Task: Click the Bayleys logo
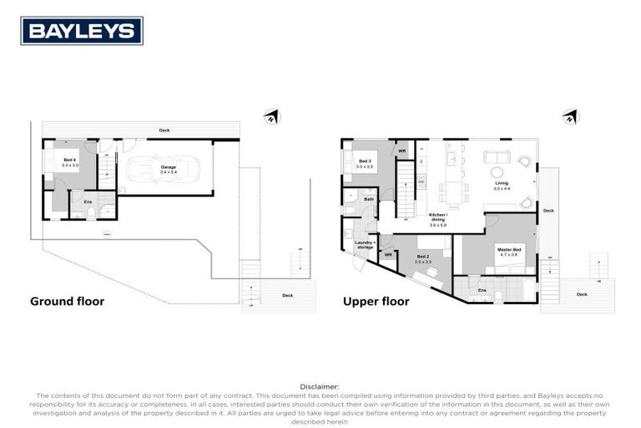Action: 82,31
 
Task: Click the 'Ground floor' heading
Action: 67,301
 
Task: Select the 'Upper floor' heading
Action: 376,301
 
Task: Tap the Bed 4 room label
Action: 70,161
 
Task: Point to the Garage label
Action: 168,169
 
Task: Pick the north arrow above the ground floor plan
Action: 270,116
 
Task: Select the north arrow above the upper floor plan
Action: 570,116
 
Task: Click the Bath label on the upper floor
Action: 369,199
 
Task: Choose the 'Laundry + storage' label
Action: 364,245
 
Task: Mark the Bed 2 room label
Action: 422,259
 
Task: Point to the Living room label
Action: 501,185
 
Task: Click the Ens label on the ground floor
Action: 88,201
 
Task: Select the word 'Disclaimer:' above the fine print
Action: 320,387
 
